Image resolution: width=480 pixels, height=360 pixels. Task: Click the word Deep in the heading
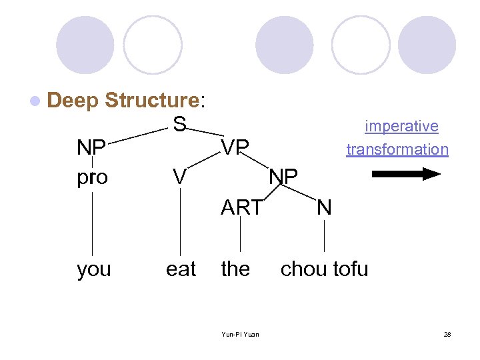[73, 101]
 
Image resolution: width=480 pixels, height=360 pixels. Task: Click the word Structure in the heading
[152, 101]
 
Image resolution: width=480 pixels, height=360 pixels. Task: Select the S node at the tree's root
[179, 124]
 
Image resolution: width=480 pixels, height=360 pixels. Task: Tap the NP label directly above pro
[92, 147]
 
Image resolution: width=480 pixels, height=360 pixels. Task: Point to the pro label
[92, 178]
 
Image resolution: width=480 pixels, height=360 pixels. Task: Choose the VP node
[235, 147]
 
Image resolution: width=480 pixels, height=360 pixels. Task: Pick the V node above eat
[179, 177]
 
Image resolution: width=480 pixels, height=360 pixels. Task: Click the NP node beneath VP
[283, 177]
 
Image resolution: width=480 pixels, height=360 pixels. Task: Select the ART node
[241, 208]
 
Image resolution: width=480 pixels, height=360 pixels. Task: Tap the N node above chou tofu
[324, 208]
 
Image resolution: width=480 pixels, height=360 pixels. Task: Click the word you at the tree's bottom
[94, 269]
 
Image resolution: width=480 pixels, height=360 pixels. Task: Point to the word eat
[181, 269]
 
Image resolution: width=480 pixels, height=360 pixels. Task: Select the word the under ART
[235, 269]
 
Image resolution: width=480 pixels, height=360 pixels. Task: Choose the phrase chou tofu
[324, 269]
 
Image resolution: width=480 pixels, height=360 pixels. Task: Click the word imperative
[401, 126]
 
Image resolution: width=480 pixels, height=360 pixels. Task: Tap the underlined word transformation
[397, 149]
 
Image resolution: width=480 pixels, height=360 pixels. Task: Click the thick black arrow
[405, 175]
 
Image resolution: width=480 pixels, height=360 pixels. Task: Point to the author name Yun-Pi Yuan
[241, 334]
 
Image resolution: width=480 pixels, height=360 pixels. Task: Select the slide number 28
[447, 334]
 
